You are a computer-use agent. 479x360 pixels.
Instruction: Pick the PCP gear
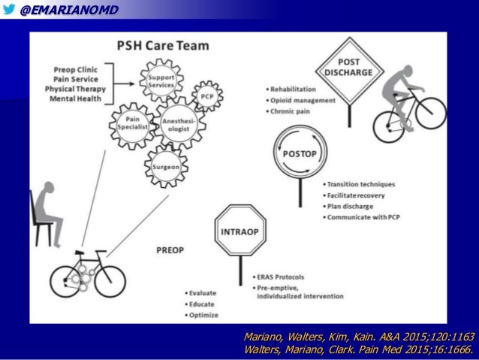point(206,96)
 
